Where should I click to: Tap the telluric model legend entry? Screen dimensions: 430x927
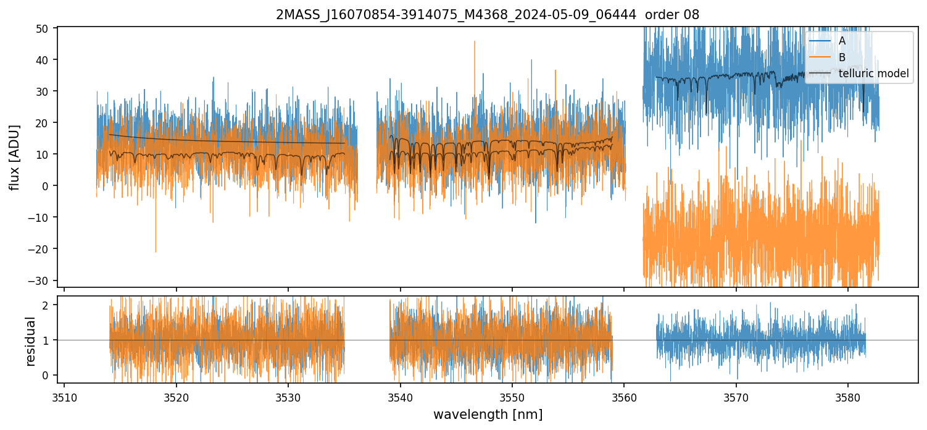click(x=873, y=74)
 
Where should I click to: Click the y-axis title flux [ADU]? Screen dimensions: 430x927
click(x=14, y=157)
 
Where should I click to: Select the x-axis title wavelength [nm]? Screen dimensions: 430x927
click(x=488, y=415)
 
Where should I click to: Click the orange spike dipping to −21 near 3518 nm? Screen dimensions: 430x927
click(x=156, y=250)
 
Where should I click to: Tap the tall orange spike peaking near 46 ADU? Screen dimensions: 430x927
click(x=475, y=43)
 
